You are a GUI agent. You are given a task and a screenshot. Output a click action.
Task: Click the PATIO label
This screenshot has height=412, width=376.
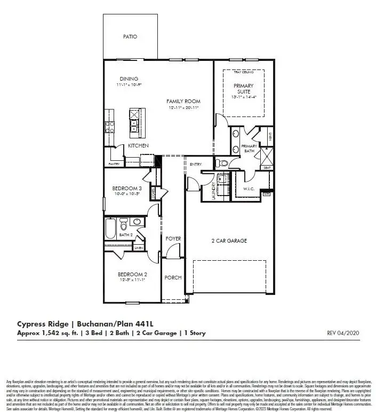point(130,37)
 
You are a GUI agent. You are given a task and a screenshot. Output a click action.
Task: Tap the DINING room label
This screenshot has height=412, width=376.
point(129,79)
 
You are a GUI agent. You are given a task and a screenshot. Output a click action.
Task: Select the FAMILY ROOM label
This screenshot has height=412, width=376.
point(183,101)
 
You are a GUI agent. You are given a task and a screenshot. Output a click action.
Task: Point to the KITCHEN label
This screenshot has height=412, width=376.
point(138,145)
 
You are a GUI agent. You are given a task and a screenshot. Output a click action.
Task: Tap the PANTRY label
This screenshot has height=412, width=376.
point(114,164)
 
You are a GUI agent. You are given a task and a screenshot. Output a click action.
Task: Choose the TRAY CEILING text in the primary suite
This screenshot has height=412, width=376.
point(243,72)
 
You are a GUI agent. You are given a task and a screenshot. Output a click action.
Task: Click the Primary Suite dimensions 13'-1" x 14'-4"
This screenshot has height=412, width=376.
point(243,98)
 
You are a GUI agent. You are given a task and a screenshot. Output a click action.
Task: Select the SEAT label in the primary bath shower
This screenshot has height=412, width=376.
point(267,168)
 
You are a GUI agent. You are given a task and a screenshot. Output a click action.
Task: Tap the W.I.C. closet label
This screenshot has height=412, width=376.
point(250,188)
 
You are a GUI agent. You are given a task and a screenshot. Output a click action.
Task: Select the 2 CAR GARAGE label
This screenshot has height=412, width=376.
point(229,241)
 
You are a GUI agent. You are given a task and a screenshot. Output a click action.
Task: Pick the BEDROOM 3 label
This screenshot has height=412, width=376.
point(126,188)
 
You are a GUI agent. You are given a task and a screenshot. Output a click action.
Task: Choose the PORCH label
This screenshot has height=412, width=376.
point(173,278)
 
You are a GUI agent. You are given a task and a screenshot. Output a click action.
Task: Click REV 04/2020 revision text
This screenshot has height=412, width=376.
point(344,333)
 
